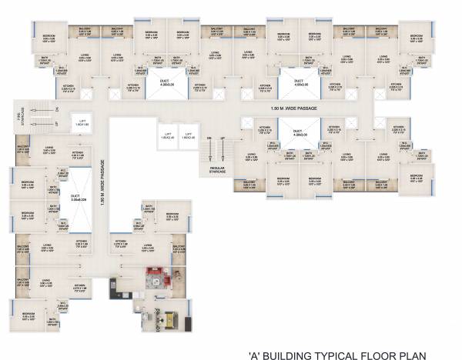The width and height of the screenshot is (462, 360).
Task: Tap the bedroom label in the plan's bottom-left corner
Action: (29, 315)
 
